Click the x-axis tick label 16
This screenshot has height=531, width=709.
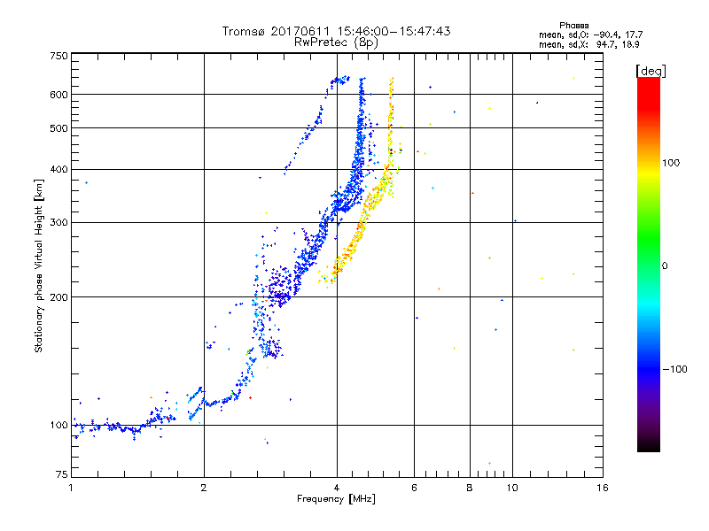click(602, 489)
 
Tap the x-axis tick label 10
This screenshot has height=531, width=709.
click(511, 489)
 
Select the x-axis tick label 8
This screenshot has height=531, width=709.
click(470, 489)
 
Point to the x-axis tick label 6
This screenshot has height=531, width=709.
click(415, 489)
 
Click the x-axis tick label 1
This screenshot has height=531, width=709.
click(71, 489)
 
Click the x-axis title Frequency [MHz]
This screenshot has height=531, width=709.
click(336, 500)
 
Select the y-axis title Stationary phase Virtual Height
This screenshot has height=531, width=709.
click(39, 265)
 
